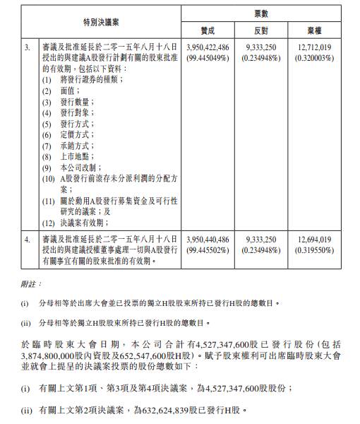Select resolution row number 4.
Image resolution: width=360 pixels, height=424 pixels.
tap(28, 240)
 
